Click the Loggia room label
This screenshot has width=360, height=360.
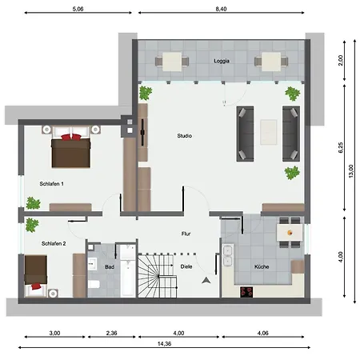[222, 61]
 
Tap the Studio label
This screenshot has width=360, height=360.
[185, 136]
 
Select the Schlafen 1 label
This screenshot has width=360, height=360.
[52, 184]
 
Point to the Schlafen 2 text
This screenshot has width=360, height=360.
[54, 243]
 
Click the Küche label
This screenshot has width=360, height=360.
[262, 266]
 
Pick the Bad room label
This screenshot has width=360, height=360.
[110, 267]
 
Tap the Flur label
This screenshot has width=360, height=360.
[186, 234]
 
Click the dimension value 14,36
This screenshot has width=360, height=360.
[164, 344]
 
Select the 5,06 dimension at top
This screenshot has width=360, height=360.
[78, 9]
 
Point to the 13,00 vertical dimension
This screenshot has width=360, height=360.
[351, 171]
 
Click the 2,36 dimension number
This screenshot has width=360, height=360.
[111, 333]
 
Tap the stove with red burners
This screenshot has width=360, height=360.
[246, 292]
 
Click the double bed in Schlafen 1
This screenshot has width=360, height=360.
[71, 147]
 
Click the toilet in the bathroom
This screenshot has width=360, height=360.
[94, 284]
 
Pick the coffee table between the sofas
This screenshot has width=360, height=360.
[269, 132]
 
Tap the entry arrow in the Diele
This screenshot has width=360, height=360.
[206, 280]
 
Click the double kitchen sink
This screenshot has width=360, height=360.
[228, 256]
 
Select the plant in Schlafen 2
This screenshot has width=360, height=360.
[32, 225]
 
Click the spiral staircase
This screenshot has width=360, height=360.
[157, 276]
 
